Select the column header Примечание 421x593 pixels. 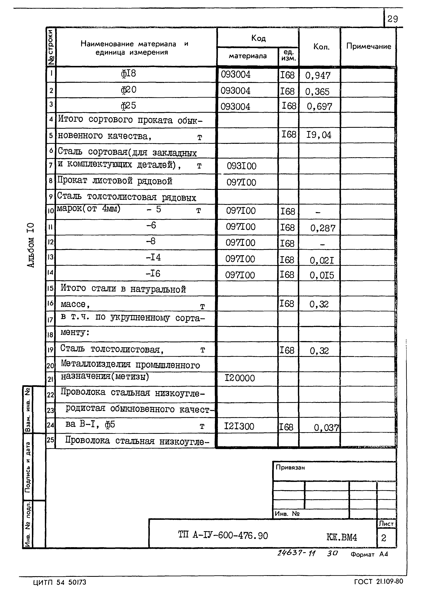click(368, 46)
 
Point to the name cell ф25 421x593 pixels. click(128, 105)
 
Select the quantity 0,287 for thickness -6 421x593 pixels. click(323, 228)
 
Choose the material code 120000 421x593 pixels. click(240, 378)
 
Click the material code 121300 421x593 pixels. click(239, 426)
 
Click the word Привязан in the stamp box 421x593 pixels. click(290, 468)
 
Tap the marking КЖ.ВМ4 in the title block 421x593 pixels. click(342, 537)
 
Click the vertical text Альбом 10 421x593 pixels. click(31, 245)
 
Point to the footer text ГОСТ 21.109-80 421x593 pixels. click(379, 582)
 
